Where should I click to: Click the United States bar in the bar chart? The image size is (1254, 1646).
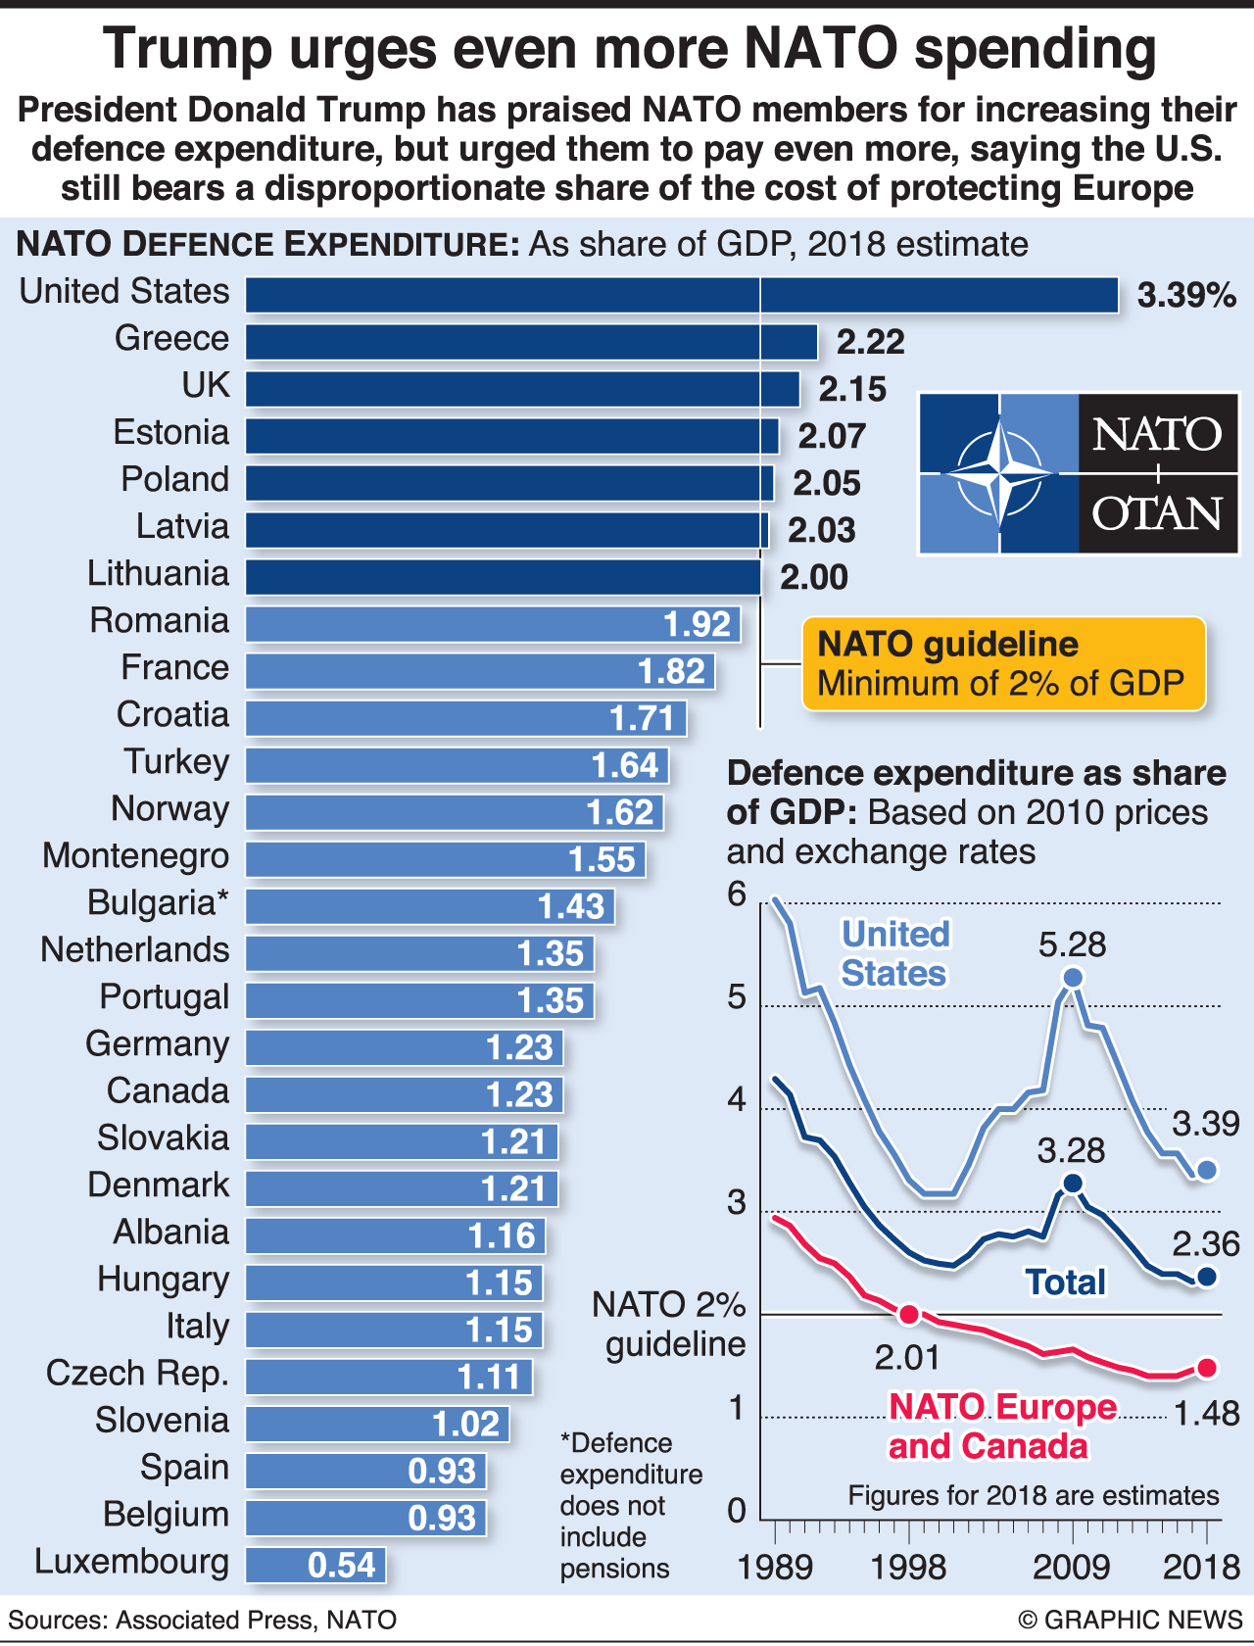682,295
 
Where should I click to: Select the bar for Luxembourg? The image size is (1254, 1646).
315,1565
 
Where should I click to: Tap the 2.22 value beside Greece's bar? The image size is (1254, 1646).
870,342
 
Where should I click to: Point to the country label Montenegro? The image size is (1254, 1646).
135,855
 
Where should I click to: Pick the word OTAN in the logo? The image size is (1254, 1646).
1157,513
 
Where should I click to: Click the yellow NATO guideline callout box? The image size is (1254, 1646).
1003,663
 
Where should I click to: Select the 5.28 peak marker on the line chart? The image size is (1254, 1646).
1073,978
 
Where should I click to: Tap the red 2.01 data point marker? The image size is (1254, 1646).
909,1314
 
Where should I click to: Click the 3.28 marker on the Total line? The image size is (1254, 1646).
1073,1184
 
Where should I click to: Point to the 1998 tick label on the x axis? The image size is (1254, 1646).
908,1567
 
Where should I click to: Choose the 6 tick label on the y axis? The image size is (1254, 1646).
737,894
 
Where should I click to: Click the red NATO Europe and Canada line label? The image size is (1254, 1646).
1001,1427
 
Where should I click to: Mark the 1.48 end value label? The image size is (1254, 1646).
1206,1414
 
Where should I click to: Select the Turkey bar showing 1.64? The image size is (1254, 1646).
457,765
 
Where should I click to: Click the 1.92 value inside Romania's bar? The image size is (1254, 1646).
697,624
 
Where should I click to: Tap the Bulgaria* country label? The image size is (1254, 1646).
158,902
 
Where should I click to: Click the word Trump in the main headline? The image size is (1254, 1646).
187,49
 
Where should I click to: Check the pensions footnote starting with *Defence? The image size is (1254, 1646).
631,1505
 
